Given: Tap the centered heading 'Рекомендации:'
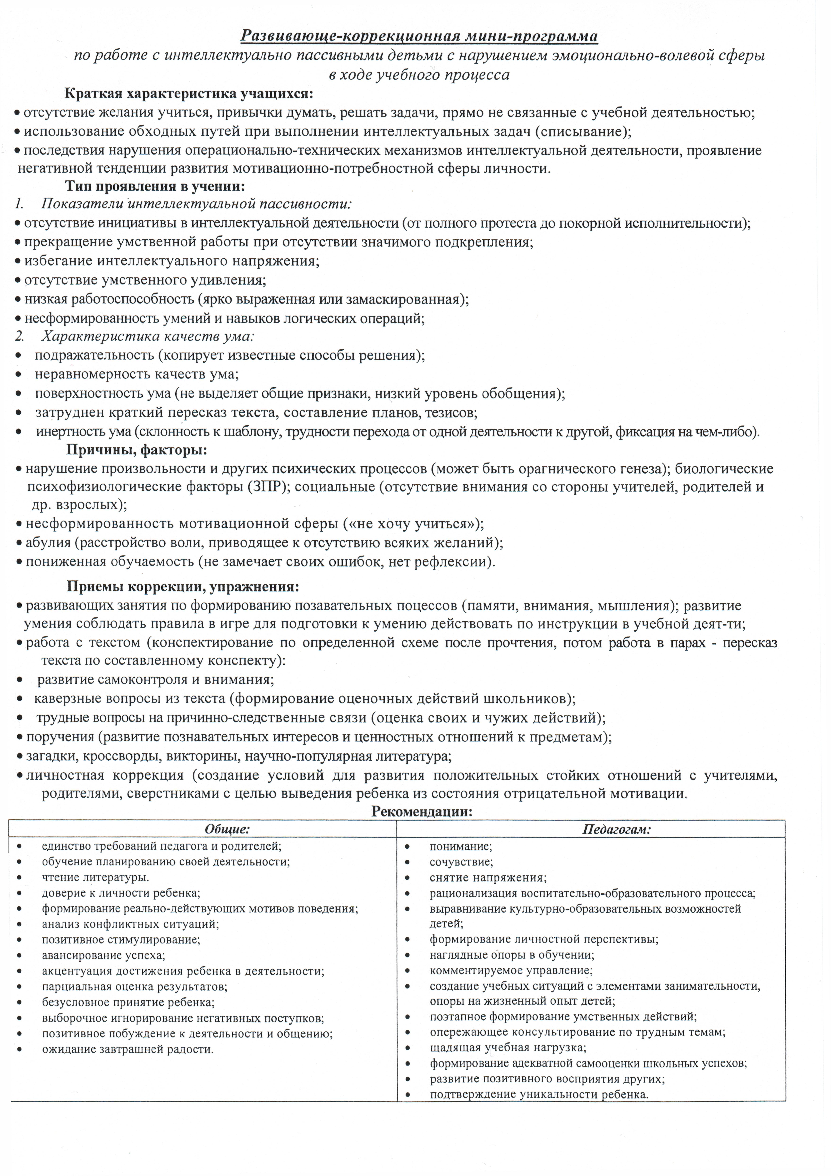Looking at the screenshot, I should (421, 812).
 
